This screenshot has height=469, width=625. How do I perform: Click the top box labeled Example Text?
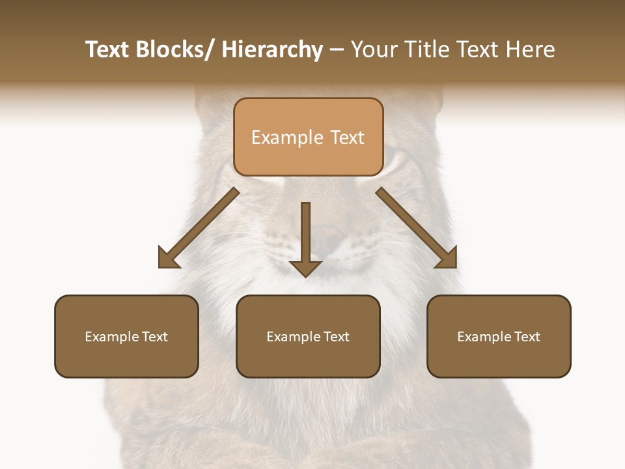pyautogui.click(x=308, y=137)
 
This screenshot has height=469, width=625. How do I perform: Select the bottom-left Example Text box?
pyautogui.click(x=126, y=336)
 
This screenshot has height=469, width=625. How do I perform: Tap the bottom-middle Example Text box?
pyautogui.click(x=308, y=336)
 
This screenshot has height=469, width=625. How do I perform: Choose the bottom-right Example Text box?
pyautogui.click(x=499, y=336)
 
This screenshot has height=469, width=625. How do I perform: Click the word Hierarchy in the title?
pyautogui.click(x=272, y=50)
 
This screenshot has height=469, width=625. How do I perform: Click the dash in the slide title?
pyautogui.click(x=337, y=51)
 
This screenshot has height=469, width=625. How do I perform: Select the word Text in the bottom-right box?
pyautogui.click(x=526, y=336)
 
